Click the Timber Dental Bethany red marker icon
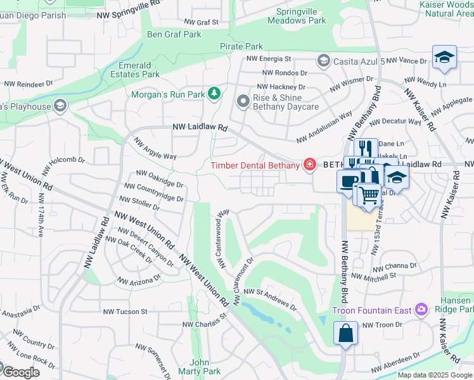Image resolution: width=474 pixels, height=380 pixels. [x=309, y=165]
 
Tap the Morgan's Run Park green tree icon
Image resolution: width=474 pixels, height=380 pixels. [x=215, y=94]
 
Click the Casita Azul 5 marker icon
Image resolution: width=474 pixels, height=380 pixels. [x=323, y=61]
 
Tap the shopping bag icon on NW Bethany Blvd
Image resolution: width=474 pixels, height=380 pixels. [x=345, y=333]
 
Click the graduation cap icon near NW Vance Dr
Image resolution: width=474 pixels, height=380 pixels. [x=444, y=58]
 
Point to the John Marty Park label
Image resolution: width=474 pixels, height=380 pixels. [x=200, y=367]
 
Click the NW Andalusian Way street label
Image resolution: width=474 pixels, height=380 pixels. [x=324, y=127]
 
